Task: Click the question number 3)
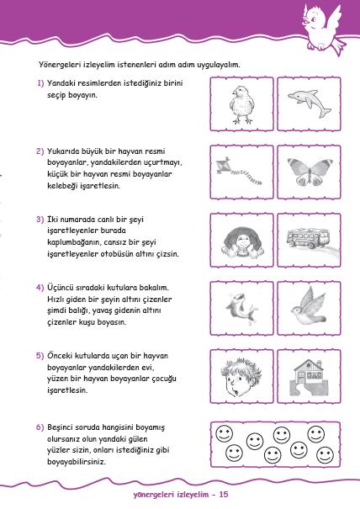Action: point(40,219)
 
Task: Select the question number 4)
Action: point(40,287)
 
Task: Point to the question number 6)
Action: point(40,427)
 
